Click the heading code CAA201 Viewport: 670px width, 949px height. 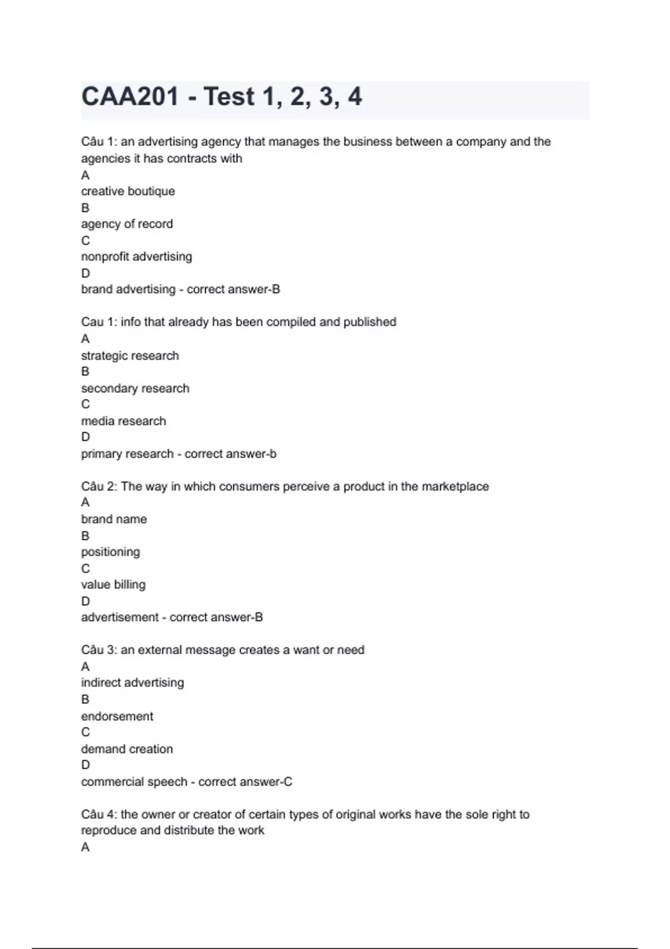tap(130, 97)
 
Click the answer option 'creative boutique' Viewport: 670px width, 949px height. tap(128, 191)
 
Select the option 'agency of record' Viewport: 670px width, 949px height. tap(127, 224)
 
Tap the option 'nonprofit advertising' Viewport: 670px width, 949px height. tap(136, 257)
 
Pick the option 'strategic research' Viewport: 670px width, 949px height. tap(130, 356)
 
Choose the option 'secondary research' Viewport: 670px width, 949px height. tap(135, 389)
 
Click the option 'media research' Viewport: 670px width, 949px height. tap(123, 421)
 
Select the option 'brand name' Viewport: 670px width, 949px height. tap(114, 519)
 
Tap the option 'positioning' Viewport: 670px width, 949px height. tap(111, 552)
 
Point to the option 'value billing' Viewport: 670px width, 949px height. tap(113, 584)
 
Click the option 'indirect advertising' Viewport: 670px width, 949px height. tap(132, 683)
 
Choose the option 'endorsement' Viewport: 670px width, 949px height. tap(117, 716)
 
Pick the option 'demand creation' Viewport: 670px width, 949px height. tap(127, 749)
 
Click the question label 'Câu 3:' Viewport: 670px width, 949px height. tap(99, 650)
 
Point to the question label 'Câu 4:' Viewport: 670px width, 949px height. tap(99, 814)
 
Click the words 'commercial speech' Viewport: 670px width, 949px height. tap(134, 782)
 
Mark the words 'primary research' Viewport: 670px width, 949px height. tap(127, 454)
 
